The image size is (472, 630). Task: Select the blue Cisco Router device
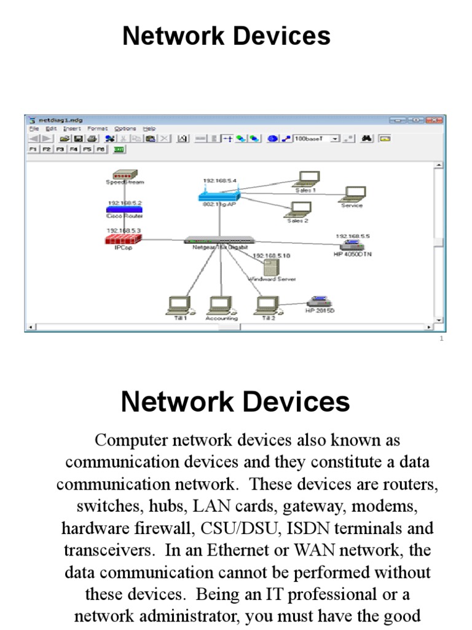point(125,209)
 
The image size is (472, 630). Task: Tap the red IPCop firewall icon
point(123,239)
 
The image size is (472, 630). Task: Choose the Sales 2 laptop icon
point(297,210)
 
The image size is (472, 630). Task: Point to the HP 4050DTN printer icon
point(352,245)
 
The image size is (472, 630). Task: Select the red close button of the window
point(435,120)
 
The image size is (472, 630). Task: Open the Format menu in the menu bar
point(97,129)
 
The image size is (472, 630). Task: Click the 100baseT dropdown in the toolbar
point(317,139)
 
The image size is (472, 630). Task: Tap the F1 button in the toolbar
point(33,150)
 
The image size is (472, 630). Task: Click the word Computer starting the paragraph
point(129,440)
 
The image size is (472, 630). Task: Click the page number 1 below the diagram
point(442,338)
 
